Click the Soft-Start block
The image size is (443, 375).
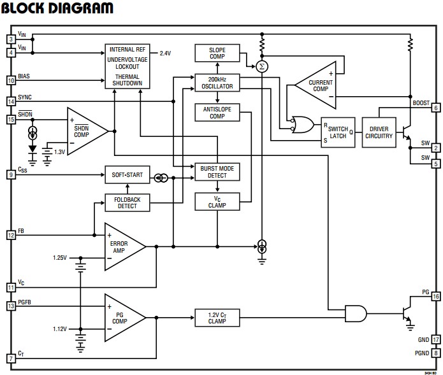click(x=127, y=174)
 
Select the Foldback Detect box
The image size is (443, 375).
click(x=127, y=202)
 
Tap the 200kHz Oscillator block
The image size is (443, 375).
click(x=217, y=83)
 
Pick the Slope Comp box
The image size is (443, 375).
click(x=217, y=53)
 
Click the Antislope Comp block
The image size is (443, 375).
click(x=217, y=112)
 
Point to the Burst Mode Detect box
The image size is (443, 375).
click(x=217, y=171)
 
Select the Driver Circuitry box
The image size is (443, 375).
click(x=379, y=132)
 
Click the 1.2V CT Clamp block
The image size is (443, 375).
click(x=217, y=316)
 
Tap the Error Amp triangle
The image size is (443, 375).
click(x=120, y=246)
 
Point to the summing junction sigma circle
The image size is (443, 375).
click(x=261, y=66)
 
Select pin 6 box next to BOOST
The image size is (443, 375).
click(x=436, y=108)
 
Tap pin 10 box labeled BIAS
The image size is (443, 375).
click(x=11, y=80)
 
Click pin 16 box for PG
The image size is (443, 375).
click(x=436, y=297)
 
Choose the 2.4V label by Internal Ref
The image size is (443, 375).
click(x=165, y=53)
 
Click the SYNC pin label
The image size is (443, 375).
click(x=25, y=96)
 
